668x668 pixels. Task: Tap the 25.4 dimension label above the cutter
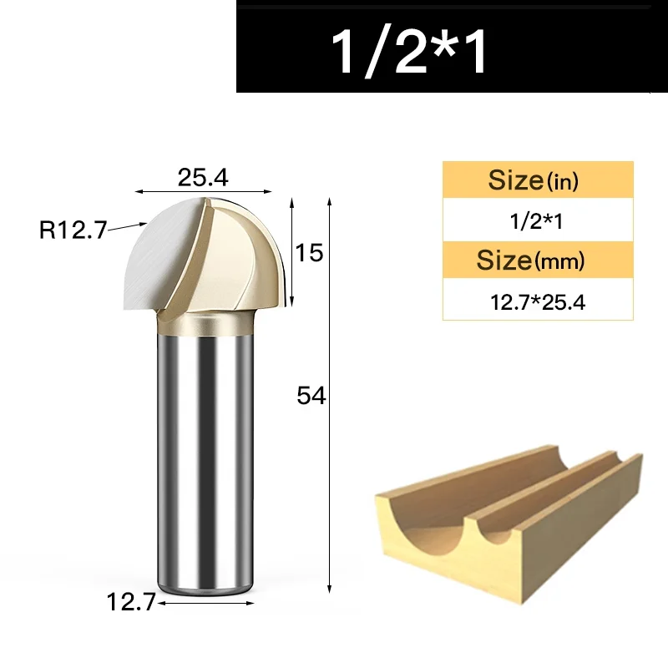(203, 178)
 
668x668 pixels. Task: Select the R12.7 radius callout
(73, 230)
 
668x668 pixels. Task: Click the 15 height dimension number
(309, 253)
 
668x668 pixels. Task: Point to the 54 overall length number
(311, 395)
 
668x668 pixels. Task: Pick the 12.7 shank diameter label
(131, 602)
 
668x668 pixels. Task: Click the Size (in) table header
(534, 180)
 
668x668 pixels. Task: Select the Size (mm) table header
(530, 260)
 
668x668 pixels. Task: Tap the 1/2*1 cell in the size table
(536, 221)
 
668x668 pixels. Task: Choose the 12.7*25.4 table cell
(538, 302)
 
